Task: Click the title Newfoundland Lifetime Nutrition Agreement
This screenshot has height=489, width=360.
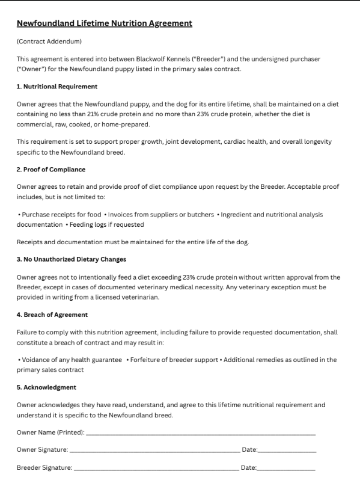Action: [x=104, y=23]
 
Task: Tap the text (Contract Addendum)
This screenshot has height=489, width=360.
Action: [x=49, y=42]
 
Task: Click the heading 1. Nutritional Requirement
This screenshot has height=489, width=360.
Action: [x=56, y=87]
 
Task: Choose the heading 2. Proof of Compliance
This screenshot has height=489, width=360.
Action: [x=50, y=170]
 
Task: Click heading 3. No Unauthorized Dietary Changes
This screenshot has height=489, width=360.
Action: [x=71, y=259]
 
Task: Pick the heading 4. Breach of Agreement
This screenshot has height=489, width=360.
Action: [x=52, y=315]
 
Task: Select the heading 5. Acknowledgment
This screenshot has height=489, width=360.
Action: [x=46, y=387]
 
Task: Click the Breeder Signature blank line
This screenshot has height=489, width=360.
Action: [x=156, y=467]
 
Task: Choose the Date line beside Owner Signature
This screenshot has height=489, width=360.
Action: [x=286, y=450]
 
